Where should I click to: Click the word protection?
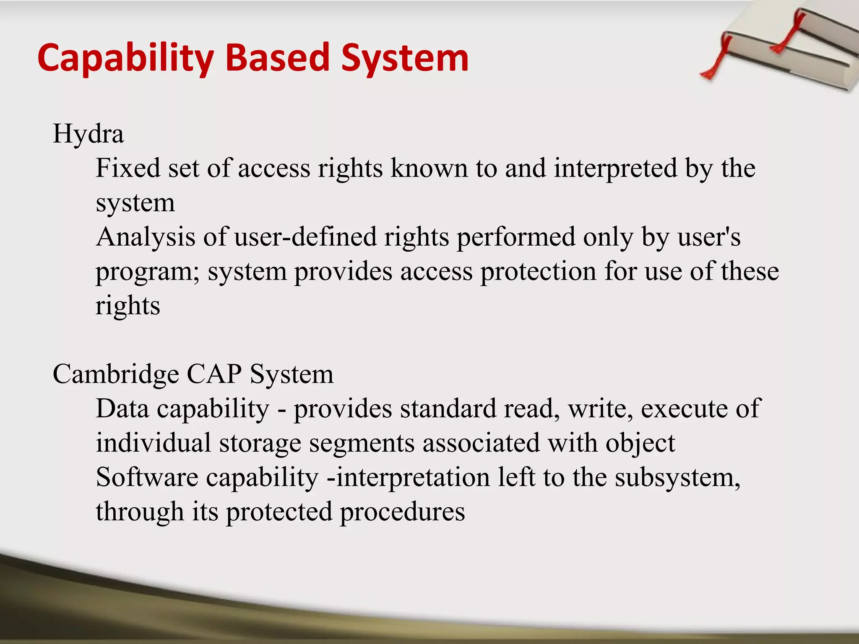point(538,272)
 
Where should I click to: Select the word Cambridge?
point(116,374)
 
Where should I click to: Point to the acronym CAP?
point(214,374)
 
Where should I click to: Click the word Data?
point(122,409)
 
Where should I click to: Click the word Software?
point(147,478)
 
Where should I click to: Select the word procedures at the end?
point(402,513)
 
